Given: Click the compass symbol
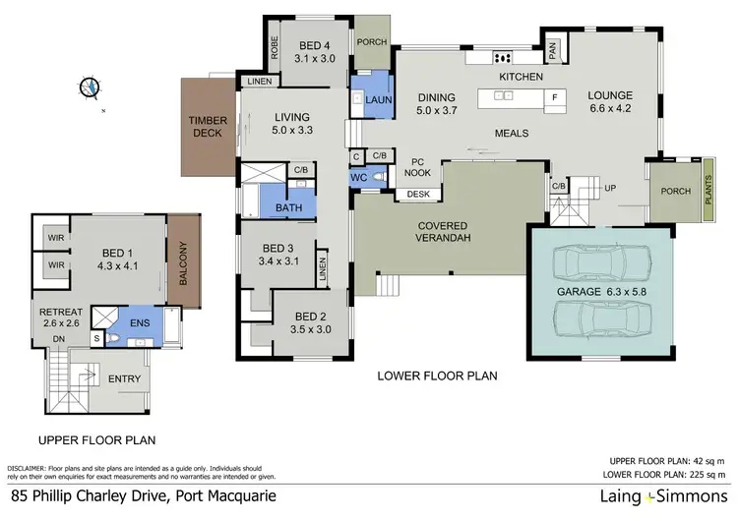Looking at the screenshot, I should click(x=92, y=87).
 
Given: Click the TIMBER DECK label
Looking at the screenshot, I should click(x=209, y=127).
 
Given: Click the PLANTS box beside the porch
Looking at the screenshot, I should click(x=707, y=186).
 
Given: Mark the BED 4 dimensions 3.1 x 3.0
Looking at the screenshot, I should click(x=315, y=59).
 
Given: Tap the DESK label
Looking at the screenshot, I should click(x=418, y=194).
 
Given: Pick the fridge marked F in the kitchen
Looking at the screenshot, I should click(x=554, y=96).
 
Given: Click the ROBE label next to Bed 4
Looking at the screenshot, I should click(x=276, y=45).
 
